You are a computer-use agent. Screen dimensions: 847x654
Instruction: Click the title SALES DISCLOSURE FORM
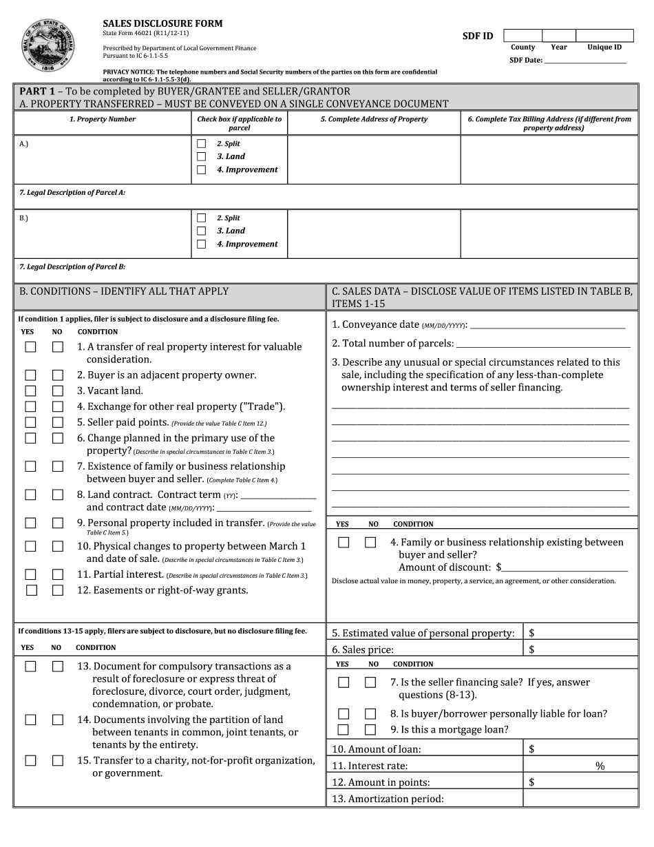click(x=162, y=23)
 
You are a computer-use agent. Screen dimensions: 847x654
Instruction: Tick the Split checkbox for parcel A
click(x=201, y=144)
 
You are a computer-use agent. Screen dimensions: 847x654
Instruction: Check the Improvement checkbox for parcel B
click(x=201, y=244)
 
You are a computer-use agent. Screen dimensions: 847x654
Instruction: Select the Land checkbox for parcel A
click(x=201, y=157)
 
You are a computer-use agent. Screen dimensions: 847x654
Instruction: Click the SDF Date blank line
click(x=585, y=60)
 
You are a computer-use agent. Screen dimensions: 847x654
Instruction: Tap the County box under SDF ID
click(x=523, y=36)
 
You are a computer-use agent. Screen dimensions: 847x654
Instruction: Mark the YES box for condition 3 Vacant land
click(x=31, y=391)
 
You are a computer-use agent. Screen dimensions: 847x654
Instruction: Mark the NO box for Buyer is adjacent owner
click(x=58, y=375)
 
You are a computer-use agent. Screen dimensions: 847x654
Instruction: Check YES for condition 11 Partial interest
click(x=31, y=574)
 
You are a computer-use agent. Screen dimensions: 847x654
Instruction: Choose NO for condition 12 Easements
click(x=58, y=590)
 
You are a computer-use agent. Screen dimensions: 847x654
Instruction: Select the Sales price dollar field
click(x=578, y=649)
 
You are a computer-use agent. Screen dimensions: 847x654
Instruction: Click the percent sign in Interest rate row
click(x=600, y=766)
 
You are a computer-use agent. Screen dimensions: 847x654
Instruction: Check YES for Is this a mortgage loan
click(x=344, y=730)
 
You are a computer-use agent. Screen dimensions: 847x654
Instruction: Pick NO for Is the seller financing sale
click(x=370, y=682)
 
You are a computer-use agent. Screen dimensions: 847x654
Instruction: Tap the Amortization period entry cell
click(x=578, y=799)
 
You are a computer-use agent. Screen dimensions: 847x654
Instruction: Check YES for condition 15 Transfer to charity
click(x=31, y=761)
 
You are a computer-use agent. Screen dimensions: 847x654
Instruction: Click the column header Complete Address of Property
click(x=374, y=119)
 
